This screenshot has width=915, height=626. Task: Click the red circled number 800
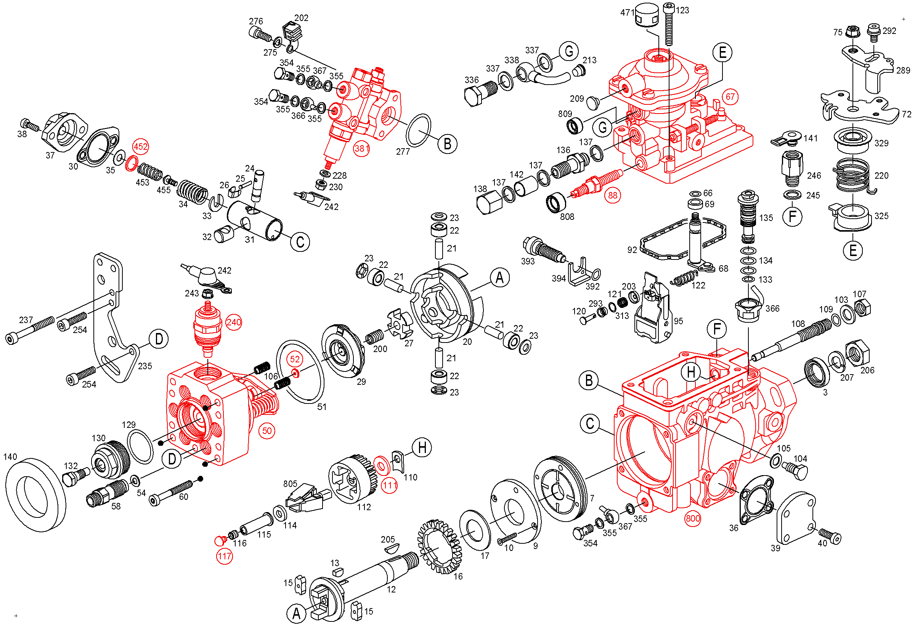(x=693, y=518)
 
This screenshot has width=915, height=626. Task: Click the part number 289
(x=903, y=70)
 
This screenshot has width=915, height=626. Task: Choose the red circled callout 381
(x=361, y=149)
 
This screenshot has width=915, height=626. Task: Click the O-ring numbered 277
(x=418, y=130)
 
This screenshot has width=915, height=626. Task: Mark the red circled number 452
(x=141, y=147)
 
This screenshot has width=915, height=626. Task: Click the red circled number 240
(x=233, y=322)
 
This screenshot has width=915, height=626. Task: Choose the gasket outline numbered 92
(x=646, y=241)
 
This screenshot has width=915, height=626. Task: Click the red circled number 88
(x=613, y=195)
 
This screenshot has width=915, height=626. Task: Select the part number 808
(x=567, y=217)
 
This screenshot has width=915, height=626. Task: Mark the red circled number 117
(x=225, y=556)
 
